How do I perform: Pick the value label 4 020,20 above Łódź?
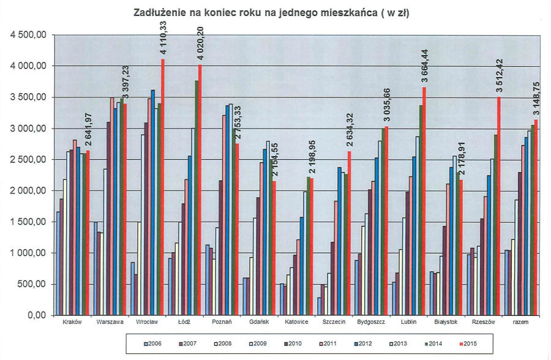pos(201,43)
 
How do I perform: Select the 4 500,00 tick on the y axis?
pos(28,35)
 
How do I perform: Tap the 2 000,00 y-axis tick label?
pos(28,191)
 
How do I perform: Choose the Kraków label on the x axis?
pos(72,323)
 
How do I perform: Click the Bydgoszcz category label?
pos(371,323)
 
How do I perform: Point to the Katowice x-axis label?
pos(296,323)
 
